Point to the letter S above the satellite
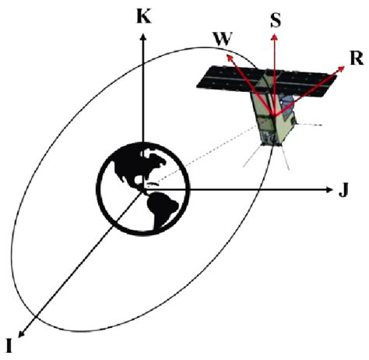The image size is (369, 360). click(275, 20)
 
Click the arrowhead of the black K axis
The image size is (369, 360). click(142, 39)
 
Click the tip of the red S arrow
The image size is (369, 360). click(274, 36)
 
